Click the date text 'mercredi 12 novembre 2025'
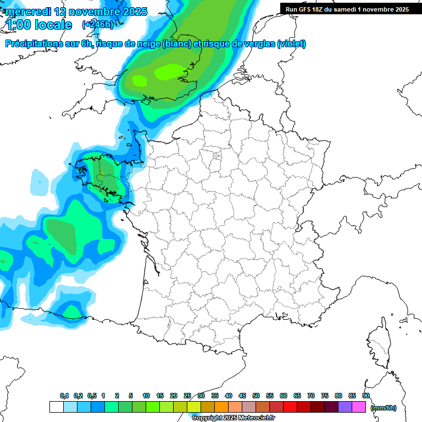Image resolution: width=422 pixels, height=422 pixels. click(x=76, y=12)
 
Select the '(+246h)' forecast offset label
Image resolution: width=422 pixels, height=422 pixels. click(x=97, y=25)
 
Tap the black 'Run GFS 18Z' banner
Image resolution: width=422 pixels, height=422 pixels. click(x=347, y=9)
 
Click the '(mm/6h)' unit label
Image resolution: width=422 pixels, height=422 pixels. click(x=384, y=408)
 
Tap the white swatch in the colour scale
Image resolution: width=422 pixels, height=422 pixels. click(x=56, y=407)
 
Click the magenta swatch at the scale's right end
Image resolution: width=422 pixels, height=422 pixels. click(x=359, y=407)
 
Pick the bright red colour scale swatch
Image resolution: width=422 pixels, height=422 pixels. click(x=290, y=407)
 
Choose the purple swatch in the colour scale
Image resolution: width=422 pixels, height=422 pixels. click(x=345, y=407)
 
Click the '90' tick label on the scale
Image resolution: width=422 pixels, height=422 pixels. click(x=366, y=396)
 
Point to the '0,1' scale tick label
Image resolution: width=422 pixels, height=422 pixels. click(x=64, y=396)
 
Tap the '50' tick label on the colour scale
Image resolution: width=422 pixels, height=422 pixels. click(x=256, y=396)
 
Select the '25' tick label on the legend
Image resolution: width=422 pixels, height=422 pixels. click(x=187, y=396)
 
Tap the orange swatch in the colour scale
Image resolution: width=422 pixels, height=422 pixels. click(x=221, y=407)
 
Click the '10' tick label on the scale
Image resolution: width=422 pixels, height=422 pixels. click(x=146, y=396)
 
